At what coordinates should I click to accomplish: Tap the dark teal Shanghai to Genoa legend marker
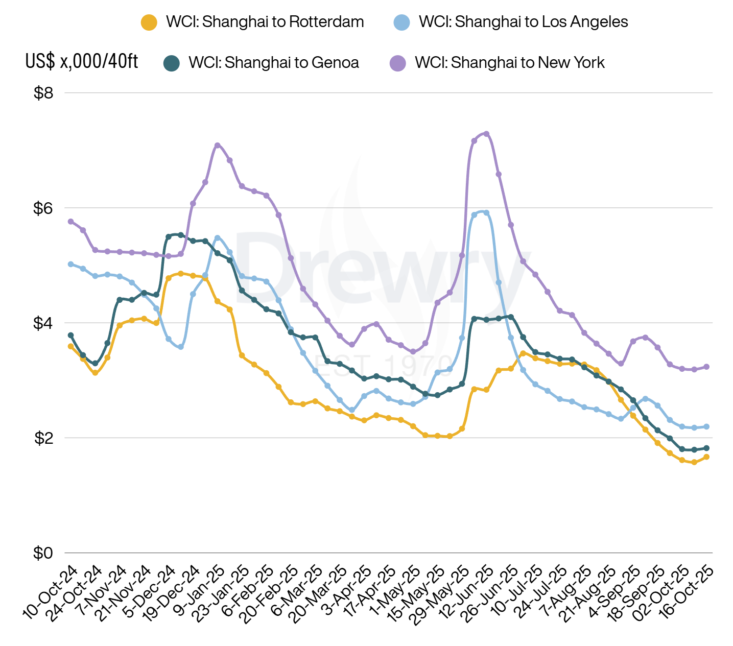coord(172,63)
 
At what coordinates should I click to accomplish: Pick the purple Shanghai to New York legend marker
coord(397,63)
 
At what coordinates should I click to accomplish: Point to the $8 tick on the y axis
coord(43,93)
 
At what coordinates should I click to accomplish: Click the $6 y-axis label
coord(43,208)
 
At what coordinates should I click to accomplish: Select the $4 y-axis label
coord(43,323)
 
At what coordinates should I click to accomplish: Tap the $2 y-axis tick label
coord(43,438)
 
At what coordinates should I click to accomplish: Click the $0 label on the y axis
coord(43,553)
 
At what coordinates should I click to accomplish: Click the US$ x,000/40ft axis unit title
coord(82,61)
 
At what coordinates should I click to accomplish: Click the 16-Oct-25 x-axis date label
coord(687,592)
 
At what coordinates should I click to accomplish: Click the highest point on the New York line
coord(486,134)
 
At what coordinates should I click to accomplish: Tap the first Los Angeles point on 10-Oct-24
coord(70,264)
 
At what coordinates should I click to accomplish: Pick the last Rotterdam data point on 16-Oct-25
coord(706,457)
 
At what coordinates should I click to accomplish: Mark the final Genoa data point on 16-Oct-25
coord(706,448)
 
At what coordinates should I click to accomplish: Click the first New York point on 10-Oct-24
coord(70,221)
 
